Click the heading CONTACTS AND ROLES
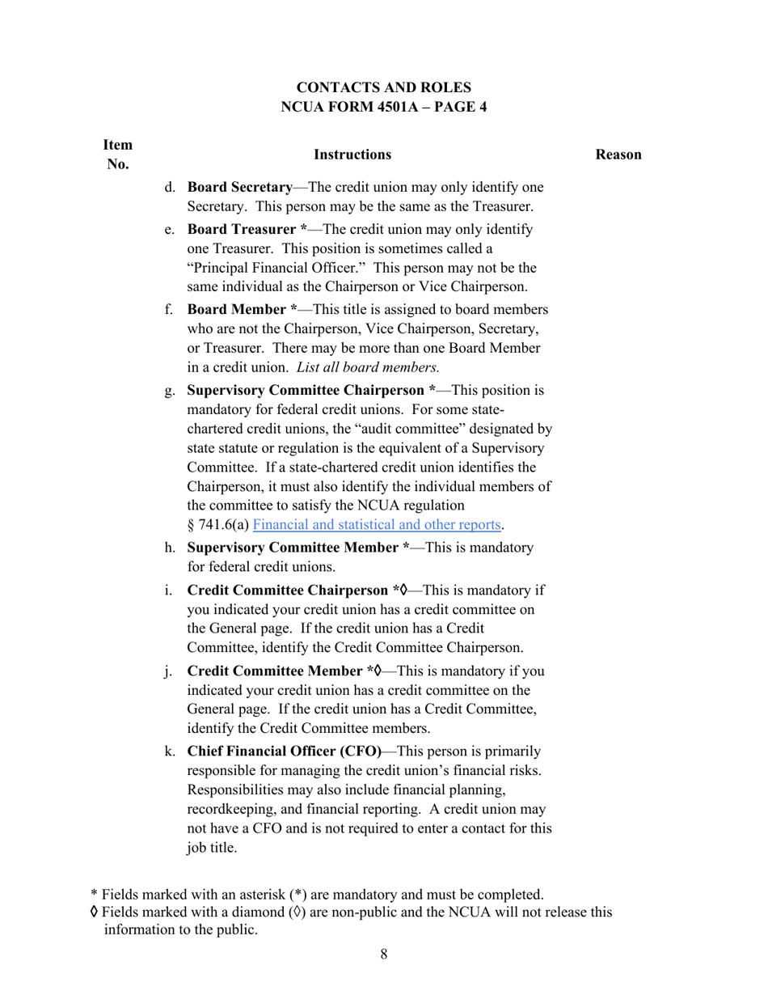pos(383,87)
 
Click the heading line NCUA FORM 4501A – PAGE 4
pos(383,107)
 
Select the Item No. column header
pos(117,155)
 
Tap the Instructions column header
pos(352,155)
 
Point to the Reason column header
pos(618,155)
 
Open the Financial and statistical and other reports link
pos(377,524)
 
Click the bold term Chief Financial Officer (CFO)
pos(285,751)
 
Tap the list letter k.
pos(170,751)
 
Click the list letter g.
pos(170,391)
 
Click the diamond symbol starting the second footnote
pos(95,912)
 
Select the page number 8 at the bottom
pos(383,955)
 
